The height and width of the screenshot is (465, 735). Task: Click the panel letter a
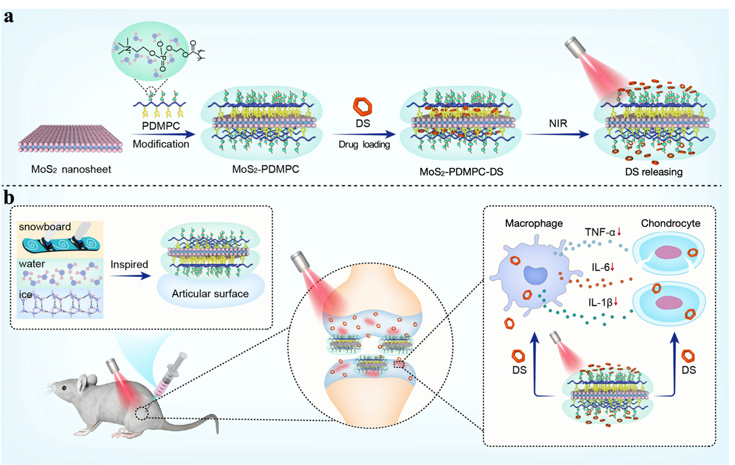[8, 17]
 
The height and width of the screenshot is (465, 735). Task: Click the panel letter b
[9, 198]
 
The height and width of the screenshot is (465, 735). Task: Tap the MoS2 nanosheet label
[71, 169]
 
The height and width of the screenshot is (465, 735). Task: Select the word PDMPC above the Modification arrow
[161, 126]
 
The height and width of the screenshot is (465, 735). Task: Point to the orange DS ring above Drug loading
[362, 106]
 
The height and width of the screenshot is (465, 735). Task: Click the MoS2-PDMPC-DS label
[461, 172]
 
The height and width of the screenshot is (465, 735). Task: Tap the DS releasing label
[653, 172]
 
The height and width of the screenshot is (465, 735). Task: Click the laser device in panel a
[576, 47]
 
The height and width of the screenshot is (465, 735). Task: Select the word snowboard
[45, 227]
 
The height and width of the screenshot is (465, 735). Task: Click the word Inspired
[129, 264]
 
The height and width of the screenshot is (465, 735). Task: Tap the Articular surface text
[210, 294]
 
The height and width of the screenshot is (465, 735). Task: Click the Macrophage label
[533, 223]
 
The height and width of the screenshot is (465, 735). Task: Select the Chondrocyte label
[670, 223]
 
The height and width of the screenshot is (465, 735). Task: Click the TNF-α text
[600, 232]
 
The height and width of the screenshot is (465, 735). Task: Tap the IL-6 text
[600, 267]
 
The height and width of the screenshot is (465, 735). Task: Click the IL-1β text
[600, 302]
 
